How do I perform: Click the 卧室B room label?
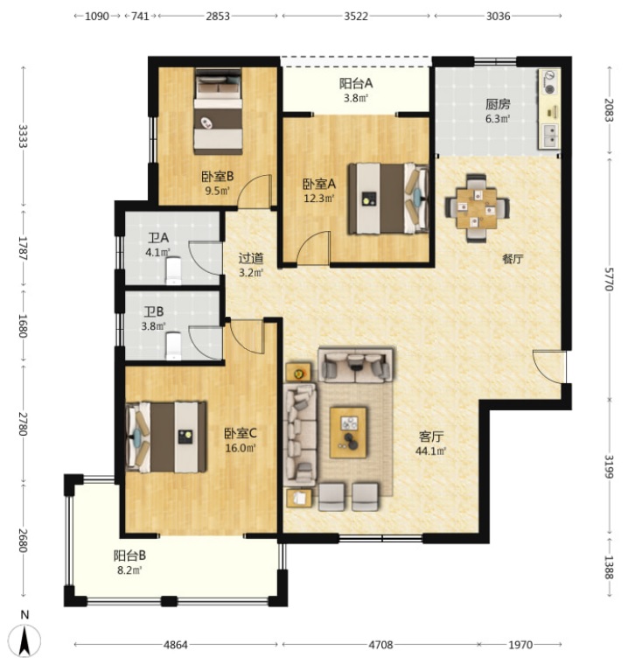(217, 176)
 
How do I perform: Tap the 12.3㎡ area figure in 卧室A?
(319, 198)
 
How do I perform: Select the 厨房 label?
(498, 104)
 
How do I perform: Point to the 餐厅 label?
(513, 259)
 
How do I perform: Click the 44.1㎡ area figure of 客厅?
(431, 451)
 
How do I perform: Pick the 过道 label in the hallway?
(251, 258)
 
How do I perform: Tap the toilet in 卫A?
(173, 270)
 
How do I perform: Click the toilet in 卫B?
(173, 346)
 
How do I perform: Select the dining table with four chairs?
(477, 208)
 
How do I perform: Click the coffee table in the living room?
(348, 432)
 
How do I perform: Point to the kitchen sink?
(549, 136)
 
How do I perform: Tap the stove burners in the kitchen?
(549, 82)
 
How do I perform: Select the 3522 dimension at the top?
(356, 16)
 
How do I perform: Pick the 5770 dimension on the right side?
(609, 279)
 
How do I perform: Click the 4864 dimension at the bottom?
(176, 645)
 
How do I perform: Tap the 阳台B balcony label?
(129, 556)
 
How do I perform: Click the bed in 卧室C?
(166, 437)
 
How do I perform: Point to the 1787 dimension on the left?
(23, 248)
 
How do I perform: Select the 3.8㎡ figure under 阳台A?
(356, 98)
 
